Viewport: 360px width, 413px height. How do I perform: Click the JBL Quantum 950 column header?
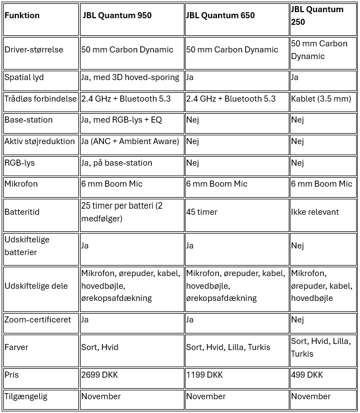(118, 15)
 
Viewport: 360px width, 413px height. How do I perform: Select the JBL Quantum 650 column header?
(220, 15)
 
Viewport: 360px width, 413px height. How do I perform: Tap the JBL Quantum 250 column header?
(317, 15)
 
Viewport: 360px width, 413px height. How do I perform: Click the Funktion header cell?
(22, 15)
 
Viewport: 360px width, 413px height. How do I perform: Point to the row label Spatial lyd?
(25, 77)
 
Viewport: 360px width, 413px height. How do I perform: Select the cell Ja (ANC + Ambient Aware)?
(130, 141)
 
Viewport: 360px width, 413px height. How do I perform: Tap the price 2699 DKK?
(99, 375)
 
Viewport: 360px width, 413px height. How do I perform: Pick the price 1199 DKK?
(204, 375)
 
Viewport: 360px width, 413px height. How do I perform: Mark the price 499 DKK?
(307, 375)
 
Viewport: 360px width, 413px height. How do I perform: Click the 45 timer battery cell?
(202, 212)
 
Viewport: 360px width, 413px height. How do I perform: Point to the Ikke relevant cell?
(315, 212)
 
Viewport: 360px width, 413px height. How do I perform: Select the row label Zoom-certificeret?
(38, 320)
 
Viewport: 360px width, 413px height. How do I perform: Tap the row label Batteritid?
(22, 212)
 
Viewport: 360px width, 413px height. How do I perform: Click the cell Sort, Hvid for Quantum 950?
(100, 347)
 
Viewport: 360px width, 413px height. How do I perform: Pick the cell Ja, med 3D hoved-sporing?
(130, 77)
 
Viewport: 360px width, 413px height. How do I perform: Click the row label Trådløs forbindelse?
(40, 99)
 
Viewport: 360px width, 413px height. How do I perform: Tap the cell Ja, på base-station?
(117, 163)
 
